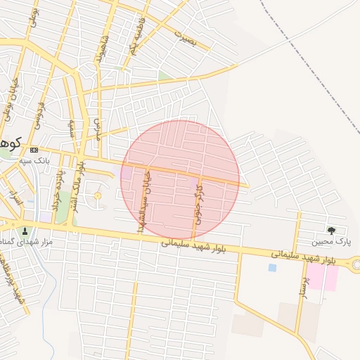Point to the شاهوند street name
[105, 50]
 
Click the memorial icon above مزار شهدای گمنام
[26, 231]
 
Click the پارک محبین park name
[331, 241]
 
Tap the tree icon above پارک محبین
[331, 230]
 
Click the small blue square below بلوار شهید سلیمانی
[272, 267]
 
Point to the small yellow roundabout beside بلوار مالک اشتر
[98, 195]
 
